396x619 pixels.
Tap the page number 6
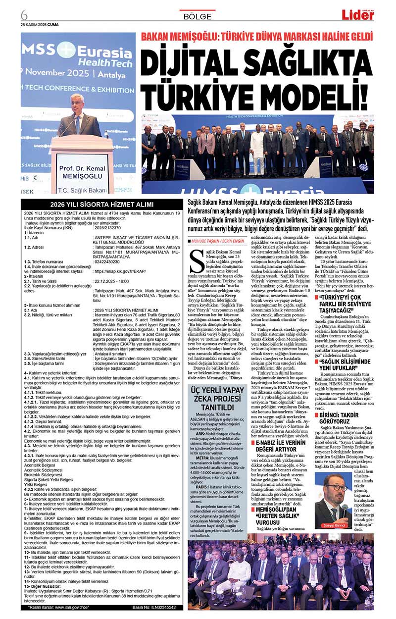coord(24,12)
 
